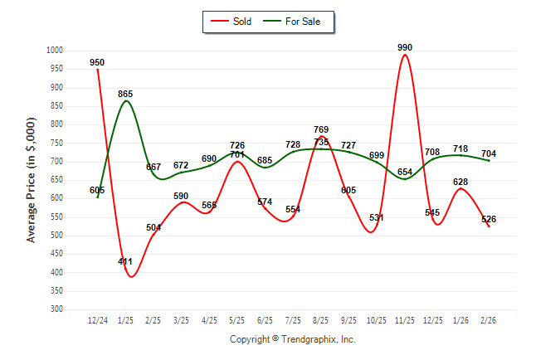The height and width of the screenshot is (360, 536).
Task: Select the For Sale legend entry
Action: click(x=302, y=22)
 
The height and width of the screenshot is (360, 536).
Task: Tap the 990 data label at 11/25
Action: click(x=405, y=47)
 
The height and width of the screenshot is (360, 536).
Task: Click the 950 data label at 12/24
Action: click(x=97, y=62)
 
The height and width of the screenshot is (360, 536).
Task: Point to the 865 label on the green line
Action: click(x=125, y=94)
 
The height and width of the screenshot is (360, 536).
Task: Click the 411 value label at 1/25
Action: click(x=125, y=261)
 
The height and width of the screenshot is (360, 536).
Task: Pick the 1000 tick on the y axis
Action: click(x=55, y=51)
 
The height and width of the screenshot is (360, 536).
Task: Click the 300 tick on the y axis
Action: click(x=57, y=309)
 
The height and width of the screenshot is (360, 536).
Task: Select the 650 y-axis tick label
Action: click(x=57, y=180)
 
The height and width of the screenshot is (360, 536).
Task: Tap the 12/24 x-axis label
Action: click(x=97, y=319)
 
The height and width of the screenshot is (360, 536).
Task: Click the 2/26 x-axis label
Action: click(x=489, y=319)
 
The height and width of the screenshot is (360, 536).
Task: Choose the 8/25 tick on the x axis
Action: click(x=321, y=319)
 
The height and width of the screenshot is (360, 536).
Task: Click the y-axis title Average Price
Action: click(x=32, y=180)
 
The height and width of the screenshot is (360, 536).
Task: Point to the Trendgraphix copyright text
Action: click(x=292, y=339)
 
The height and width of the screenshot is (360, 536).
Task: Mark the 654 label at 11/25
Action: click(x=405, y=172)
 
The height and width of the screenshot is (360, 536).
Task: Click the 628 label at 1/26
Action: click(x=460, y=182)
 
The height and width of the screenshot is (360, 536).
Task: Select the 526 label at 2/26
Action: click(x=489, y=219)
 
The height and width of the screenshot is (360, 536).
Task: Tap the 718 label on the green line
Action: click(x=460, y=148)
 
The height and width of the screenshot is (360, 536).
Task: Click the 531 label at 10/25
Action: click(x=377, y=217)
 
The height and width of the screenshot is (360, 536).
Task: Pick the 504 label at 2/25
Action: click(x=153, y=227)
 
